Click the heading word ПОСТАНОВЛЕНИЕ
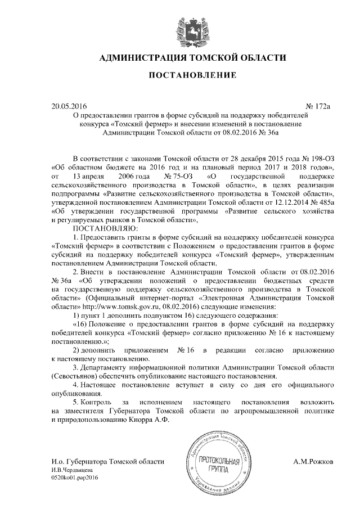pyautogui.click(x=180, y=75)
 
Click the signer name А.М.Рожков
pyautogui.click(x=313, y=462)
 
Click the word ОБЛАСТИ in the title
pyautogui.click(x=259, y=58)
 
